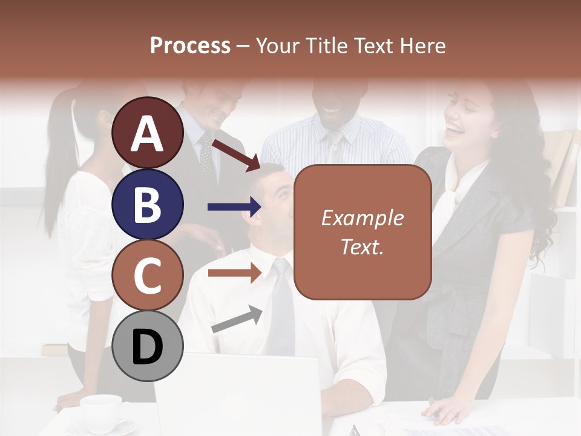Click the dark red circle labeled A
[x=148, y=133]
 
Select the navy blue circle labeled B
[x=148, y=204]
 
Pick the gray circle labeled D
[x=148, y=346]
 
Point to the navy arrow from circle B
[x=234, y=207]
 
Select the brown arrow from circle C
[x=234, y=273]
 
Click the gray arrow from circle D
[x=237, y=319]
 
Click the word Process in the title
[x=190, y=45]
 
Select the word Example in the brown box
[x=362, y=218]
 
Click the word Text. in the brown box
[x=362, y=246]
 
